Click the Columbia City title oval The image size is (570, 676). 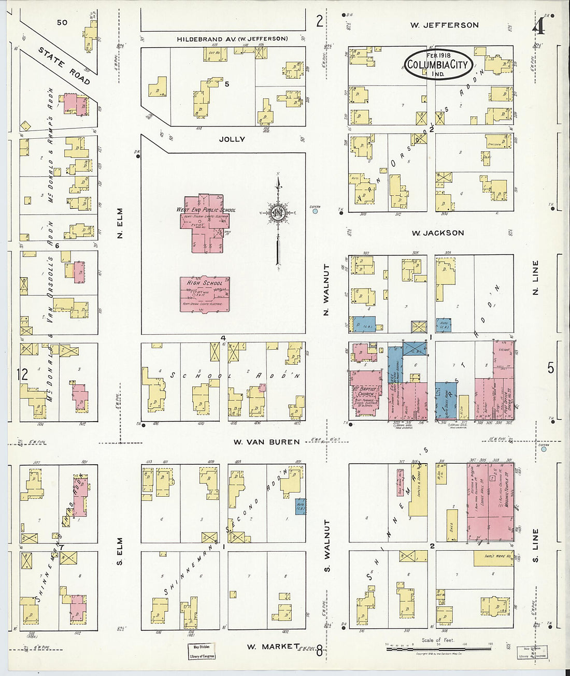[438, 64]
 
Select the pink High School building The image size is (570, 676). [205, 294]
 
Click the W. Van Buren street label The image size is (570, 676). [266, 442]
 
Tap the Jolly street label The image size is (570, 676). [232, 139]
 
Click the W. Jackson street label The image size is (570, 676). [438, 233]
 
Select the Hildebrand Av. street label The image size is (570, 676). [232, 39]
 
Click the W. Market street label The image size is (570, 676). [273, 646]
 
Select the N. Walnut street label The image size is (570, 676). [326, 291]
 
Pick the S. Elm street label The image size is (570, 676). [120, 551]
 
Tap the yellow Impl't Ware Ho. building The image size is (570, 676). [493, 558]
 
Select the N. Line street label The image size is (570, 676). [536, 278]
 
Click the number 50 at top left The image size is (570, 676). [62, 22]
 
